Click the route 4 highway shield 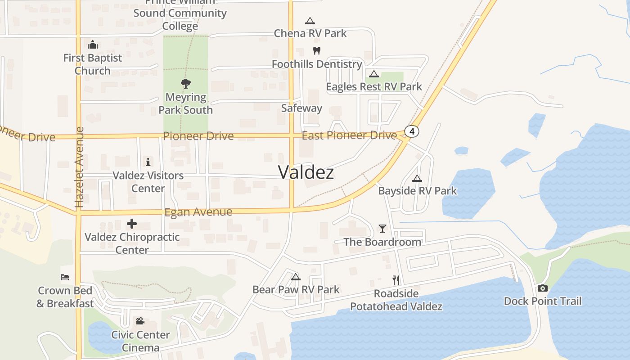click(x=412, y=131)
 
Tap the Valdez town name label click(x=306, y=172)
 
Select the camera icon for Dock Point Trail click(x=543, y=288)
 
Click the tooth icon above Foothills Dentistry click(x=317, y=50)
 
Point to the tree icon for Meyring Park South click(x=185, y=83)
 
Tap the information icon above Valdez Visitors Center click(x=148, y=162)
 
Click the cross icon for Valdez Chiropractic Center click(x=132, y=223)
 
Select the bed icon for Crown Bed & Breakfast click(x=65, y=277)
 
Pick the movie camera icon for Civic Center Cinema click(x=140, y=321)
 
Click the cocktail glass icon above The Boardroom click(x=382, y=228)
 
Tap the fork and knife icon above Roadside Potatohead click(x=396, y=280)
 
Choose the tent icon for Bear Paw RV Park click(x=295, y=276)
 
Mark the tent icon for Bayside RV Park click(x=417, y=178)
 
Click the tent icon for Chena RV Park click(x=310, y=21)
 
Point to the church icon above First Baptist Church click(x=93, y=44)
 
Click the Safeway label click(x=301, y=108)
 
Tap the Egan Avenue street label click(x=198, y=212)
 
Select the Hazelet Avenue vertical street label click(x=80, y=167)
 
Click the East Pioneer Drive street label click(x=349, y=135)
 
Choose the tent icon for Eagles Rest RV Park click(x=373, y=74)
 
